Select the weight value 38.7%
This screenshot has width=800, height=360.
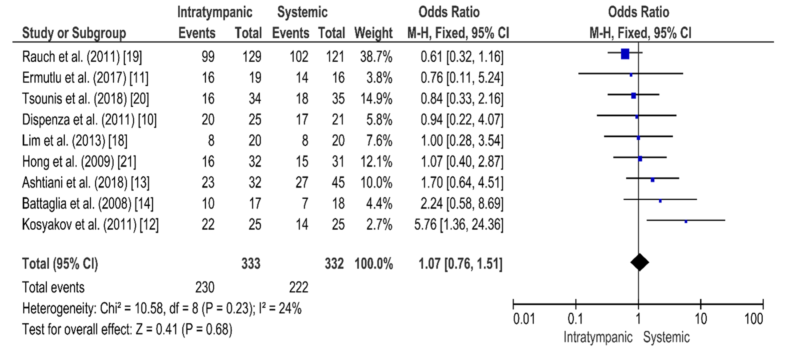pyautogui.click(x=376, y=57)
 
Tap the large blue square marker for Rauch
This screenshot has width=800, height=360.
pyautogui.click(x=625, y=54)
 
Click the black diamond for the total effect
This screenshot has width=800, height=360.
pyautogui.click(x=639, y=262)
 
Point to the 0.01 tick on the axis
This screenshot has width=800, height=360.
pyautogui.click(x=513, y=304)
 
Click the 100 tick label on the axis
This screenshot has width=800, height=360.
pyautogui.click(x=754, y=319)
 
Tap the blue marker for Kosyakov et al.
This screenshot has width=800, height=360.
pyautogui.click(x=686, y=222)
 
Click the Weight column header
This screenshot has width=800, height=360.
pyautogui.click(x=373, y=33)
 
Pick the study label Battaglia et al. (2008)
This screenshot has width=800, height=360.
pyautogui.click(x=87, y=204)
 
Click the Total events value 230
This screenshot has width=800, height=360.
pyautogui.click(x=205, y=287)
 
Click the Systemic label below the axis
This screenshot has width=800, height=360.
pyautogui.click(x=666, y=337)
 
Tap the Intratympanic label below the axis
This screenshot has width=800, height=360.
pyautogui.click(x=598, y=337)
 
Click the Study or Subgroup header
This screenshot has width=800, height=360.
pyautogui.click(x=74, y=33)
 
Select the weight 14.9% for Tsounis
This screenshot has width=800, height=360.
pyautogui.click(x=376, y=99)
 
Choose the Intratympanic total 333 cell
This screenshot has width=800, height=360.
pyautogui.click(x=251, y=264)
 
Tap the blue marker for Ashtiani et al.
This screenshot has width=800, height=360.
pyautogui.click(x=653, y=180)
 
